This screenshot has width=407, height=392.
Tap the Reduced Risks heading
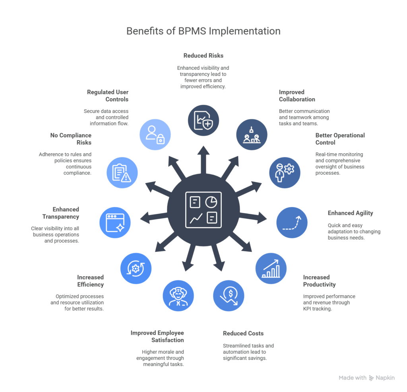click(203, 56)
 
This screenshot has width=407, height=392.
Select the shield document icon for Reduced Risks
click(203, 121)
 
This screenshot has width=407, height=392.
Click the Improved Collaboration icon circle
click(252, 135)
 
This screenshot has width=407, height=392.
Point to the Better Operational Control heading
click(340, 139)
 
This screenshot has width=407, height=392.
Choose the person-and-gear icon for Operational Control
click(285, 172)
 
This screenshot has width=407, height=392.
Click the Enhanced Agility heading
click(350, 213)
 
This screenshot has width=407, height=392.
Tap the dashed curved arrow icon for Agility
click(292, 222)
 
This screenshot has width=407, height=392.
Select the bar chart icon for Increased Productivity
click(271, 268)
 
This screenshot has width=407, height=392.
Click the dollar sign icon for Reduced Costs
click(229, 296)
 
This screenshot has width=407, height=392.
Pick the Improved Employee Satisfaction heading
click(157, 336)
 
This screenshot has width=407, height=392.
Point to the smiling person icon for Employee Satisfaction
click(178, 296)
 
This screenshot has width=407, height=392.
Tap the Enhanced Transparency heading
click(61, 213)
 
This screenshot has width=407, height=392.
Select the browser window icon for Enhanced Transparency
click(115, 222)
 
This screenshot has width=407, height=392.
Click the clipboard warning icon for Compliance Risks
click(122, 172)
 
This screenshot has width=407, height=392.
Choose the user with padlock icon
click(155, 135)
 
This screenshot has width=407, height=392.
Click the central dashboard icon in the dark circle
click(203, 210)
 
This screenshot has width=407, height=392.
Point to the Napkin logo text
click(385, 378)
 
